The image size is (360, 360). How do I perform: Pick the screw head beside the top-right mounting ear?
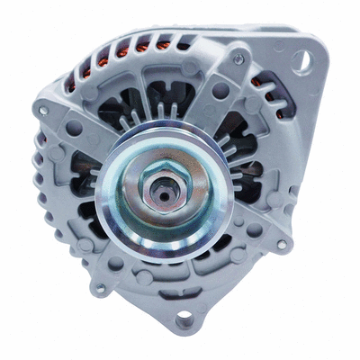pyautogui.click(x=238, y=58)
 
